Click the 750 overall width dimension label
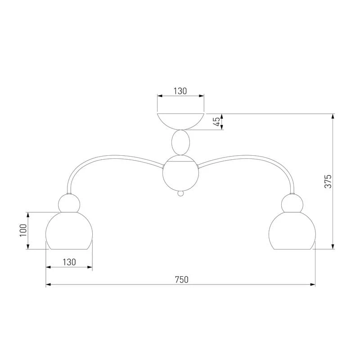(182, 279)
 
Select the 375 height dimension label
(328, 181)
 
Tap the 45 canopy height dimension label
(217, 121)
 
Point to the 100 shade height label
(23, 230)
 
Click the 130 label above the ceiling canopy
(180, 91)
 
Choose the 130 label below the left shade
(69, 262)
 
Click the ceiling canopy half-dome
(180, 121)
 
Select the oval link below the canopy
(181, 142)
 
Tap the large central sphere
(180, 173)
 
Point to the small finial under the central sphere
(181, 193)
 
